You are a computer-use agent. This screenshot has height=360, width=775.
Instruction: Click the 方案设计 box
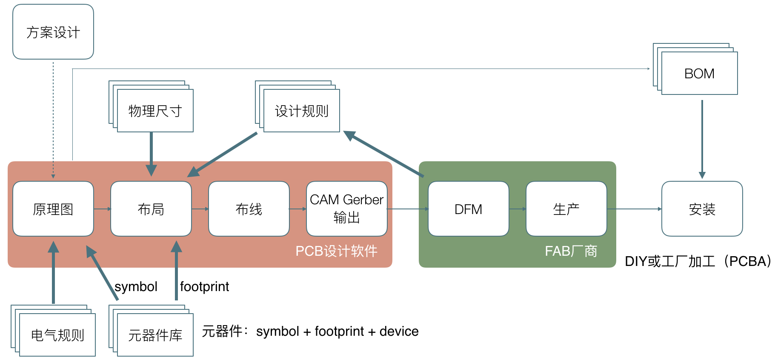pos(53,32)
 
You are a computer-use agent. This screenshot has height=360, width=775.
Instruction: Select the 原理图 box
pos(53,209)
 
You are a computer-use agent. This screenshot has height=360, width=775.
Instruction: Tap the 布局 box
pos(151,209)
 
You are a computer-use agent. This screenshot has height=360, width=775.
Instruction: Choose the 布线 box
pos(249,209)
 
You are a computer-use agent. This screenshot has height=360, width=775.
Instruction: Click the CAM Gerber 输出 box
pos(347,209)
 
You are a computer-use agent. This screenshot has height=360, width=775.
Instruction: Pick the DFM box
pos(469,209)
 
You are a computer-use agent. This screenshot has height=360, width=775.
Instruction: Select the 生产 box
pos(566,209)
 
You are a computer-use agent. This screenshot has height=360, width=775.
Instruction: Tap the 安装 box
pos(702,209)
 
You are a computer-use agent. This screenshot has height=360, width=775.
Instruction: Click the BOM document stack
pos(695,69)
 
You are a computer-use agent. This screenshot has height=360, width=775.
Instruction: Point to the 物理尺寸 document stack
pos(151,106)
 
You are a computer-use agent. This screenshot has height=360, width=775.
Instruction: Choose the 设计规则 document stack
pos(297,106)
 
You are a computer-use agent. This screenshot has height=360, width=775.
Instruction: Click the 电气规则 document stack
pos(53,331)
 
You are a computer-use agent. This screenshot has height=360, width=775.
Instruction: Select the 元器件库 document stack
pos(151,331)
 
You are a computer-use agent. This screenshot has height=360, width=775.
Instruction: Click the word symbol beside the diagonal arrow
pos(136,287)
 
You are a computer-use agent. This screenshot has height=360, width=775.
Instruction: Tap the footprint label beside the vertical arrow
pos(204,287)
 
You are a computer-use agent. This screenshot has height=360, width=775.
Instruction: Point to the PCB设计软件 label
pos(337,251)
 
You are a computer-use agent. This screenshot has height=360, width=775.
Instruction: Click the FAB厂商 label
pos(571,251)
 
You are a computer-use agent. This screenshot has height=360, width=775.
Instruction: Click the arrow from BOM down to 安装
pos(702,140)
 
